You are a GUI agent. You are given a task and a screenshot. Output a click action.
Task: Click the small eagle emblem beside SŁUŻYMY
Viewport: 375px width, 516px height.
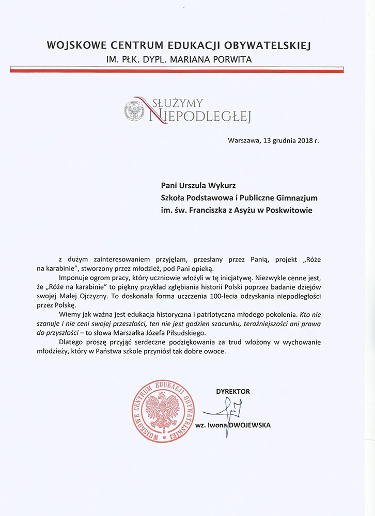click(x=134, y=111)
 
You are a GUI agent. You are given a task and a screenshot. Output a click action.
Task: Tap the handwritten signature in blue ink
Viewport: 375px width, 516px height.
click(x=225, y=413)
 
